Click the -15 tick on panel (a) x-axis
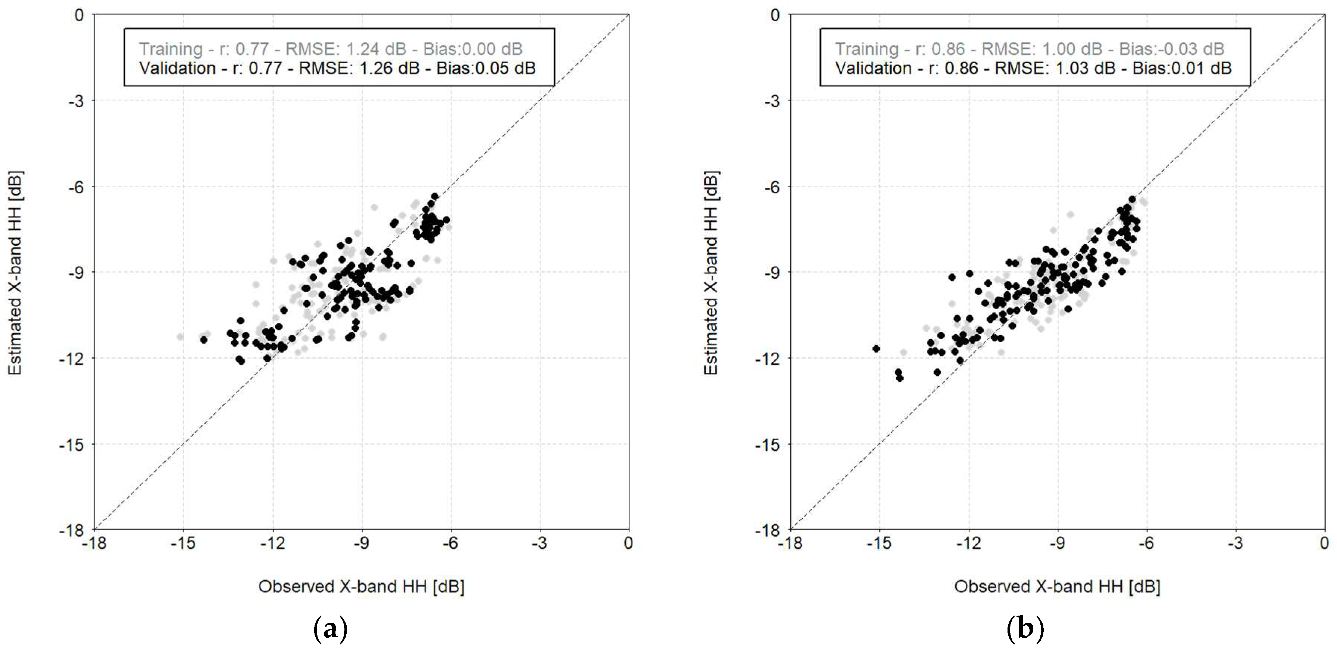[183, 543]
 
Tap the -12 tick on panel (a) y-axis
[73, 358]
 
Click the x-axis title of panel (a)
[361, 586]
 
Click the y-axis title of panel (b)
[711, 273]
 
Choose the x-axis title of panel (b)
[1057, 586]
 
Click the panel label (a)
[331, 629]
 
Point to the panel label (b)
[1025, 629]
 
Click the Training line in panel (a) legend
[331, 49]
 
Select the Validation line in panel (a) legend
[337, 68]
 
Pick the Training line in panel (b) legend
[1029, 49]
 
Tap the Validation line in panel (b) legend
[1033, 68]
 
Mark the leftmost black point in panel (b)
[876, 349]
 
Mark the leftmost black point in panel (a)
[204, 340]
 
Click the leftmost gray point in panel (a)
[180, 337]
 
